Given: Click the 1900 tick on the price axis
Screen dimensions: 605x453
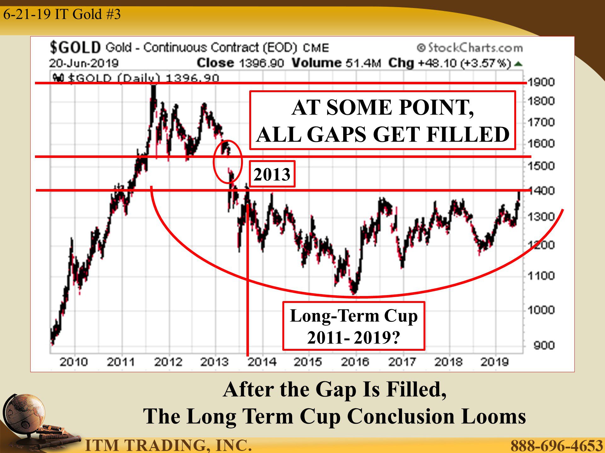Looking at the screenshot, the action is coord(541,82).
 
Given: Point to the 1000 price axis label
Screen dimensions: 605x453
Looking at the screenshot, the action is coord(541,310).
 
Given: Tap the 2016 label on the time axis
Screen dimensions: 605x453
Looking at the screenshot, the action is coord(355,362).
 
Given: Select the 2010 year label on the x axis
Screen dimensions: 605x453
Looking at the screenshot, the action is coord(74,362).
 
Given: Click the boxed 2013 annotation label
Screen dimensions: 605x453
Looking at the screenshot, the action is coord(272,174).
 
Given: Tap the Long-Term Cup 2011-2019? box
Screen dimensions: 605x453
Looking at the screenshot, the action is coord(354,326).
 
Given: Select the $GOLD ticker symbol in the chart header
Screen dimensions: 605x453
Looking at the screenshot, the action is coord(75,48).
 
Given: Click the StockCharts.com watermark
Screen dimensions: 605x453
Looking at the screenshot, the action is coord(470,48).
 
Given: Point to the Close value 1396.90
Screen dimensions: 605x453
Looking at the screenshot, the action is coord(262,63).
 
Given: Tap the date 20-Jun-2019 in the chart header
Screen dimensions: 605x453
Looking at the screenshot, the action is coord(84,63).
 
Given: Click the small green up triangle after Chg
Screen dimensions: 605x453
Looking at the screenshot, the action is coord(518,64).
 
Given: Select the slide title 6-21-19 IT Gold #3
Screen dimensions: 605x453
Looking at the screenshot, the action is coord(62,14).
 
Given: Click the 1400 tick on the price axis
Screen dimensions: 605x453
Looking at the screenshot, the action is coord(541,191).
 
